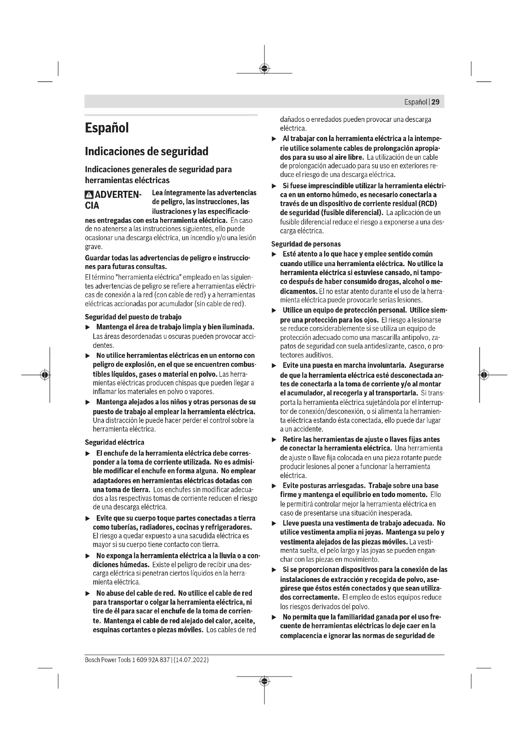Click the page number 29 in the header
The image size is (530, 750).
pyautogui.click(x=435, y=102)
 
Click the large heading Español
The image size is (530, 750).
pyautogui.click(x=107, y=128)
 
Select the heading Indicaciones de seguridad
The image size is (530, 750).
pyautogui.click(x=146, y=151)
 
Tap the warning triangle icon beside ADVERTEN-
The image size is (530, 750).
pyautogui.click(x=89, y=195)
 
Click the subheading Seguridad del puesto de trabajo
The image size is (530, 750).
pyautogui.click(x=133, y=317)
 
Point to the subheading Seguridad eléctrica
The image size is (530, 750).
pyautogui.click(x=114, y=442)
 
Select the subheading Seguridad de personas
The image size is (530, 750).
pyautogui.click(x=306, y=244)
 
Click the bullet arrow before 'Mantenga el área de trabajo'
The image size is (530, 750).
pyautogui.click(x=87, y=327)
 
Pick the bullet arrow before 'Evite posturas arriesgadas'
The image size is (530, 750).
pyautogui.click(x=274, y=486)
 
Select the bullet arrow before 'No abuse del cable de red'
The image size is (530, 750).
pyautogui.click(x=87, y=593)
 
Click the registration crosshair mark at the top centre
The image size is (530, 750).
pyautogui.click(x=264, y=68)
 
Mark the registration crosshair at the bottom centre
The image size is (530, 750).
pyautogui.click(x=264, y=681)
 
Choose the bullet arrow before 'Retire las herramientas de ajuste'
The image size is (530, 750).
pyautogui.click(x=274, y=440)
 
